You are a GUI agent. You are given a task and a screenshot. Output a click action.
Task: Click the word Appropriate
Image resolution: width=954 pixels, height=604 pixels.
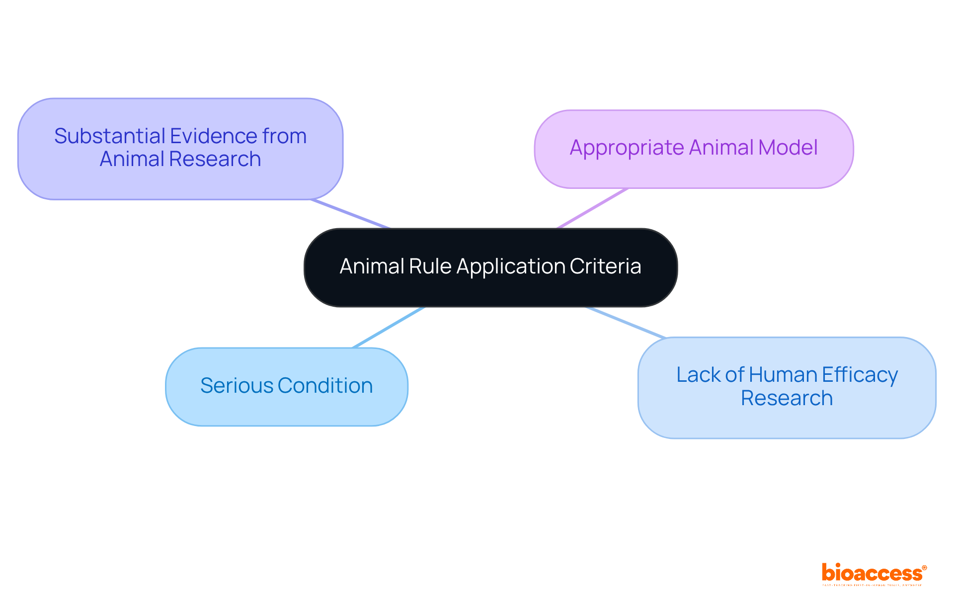click(x=627, y=148)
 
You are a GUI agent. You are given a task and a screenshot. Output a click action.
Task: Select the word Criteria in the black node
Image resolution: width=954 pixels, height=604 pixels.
click(x=605, y=266)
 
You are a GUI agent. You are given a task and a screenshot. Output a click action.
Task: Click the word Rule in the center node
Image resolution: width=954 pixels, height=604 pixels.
click(x=430, y=266)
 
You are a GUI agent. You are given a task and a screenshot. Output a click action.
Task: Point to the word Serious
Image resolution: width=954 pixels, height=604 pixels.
click(x=237, y=386)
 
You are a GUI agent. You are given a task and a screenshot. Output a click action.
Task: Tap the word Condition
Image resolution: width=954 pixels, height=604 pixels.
click(x=325, y=386)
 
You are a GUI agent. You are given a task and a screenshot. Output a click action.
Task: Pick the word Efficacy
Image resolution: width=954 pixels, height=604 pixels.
click(x=860, y=375)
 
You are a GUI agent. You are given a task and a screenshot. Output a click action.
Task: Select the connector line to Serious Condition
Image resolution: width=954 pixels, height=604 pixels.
click(x=389, y=327)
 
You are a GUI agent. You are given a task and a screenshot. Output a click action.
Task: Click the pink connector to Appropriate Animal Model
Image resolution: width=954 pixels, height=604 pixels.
click(x=592, y=208)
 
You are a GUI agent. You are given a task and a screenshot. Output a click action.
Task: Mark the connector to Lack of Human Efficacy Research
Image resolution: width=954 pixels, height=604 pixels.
click(x=626, y=323)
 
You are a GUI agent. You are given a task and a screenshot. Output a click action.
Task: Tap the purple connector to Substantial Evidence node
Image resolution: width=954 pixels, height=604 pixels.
click(x=350, y=214)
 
